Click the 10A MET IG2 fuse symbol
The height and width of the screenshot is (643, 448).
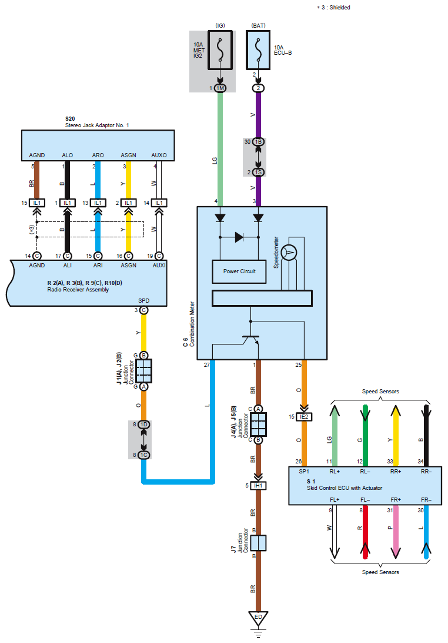220,51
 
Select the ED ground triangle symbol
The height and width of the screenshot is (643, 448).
257,618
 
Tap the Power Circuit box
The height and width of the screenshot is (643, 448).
239,271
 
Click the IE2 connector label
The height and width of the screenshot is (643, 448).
304,417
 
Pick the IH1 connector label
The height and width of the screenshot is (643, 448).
257,486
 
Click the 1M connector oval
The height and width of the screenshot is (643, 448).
220,88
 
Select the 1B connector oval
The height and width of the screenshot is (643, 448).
258,142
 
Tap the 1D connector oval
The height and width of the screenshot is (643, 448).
144,424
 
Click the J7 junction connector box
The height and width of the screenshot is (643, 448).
258,542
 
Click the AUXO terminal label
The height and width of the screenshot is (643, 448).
159,155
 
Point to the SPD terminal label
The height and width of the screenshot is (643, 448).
143,300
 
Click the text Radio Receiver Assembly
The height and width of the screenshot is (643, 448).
78,289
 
